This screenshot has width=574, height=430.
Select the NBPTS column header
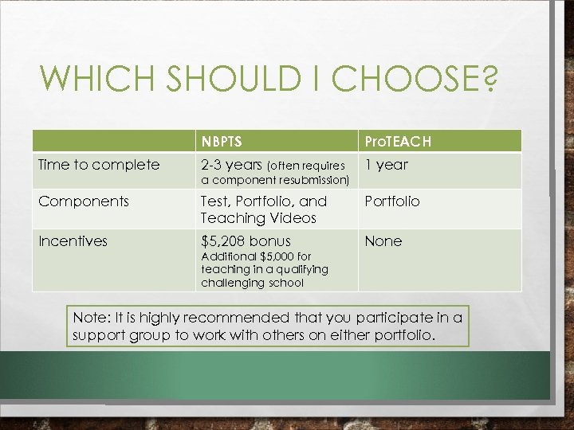point(222,142)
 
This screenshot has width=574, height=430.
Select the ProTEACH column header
point(398,142)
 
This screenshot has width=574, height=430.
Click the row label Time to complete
point(99,165)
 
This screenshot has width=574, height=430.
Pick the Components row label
point(84,201)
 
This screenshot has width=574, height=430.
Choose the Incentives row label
point(73,241)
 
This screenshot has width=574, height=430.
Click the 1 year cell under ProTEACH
point(386,165)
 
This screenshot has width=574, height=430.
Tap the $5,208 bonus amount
point(246,241)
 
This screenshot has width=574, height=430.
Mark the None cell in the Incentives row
point(383,241)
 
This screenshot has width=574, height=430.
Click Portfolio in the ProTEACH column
point(392,201)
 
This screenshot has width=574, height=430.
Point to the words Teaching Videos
point(258,218)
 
